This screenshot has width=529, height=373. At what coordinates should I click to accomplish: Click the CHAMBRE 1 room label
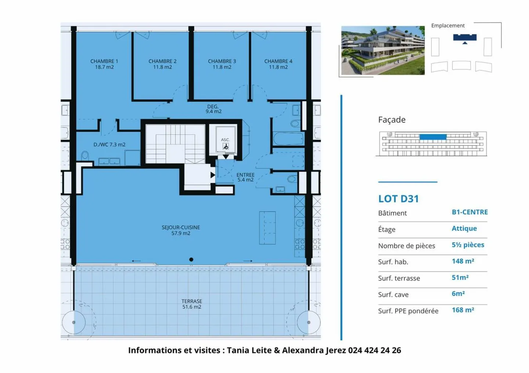[x=104, y=64]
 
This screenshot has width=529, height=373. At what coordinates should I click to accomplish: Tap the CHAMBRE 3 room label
[x=222, y=64]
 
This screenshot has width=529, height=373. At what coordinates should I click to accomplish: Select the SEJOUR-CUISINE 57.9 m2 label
[x=181, y=230]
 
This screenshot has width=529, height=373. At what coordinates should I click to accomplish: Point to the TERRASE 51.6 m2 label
[x=192, y=304]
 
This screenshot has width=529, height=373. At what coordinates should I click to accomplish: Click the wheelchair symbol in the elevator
[x=226, y=147]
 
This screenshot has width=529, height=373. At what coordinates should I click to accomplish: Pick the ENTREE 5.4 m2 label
[x=245, y=178]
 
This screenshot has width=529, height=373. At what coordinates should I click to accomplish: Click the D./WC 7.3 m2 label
[x=109, y=145]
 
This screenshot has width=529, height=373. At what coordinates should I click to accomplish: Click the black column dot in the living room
[x=191, y=260]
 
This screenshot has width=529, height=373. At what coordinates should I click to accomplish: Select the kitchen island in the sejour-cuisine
[x=267, y=228]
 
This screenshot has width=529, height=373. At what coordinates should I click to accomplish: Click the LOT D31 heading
[x=399, y=199]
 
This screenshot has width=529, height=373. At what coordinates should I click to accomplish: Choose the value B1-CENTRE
[x=469, y=212]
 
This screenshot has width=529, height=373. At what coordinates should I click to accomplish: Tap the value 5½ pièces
[x=468, y=245]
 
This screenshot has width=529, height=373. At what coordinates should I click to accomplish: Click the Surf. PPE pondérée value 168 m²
[x=463, y=310]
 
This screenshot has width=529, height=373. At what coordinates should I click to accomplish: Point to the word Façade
[x=392, y=120]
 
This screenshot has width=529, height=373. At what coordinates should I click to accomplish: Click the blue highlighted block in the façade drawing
[x=433, y=137]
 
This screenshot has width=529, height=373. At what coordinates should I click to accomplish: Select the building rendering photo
[x=383, y=50]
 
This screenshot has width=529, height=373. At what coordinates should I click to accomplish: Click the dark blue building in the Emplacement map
[x=465, y=37]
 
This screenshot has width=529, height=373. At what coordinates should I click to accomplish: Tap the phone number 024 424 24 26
[x=374, y=350]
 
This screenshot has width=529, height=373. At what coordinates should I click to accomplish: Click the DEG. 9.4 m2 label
[x=213, y=109]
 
